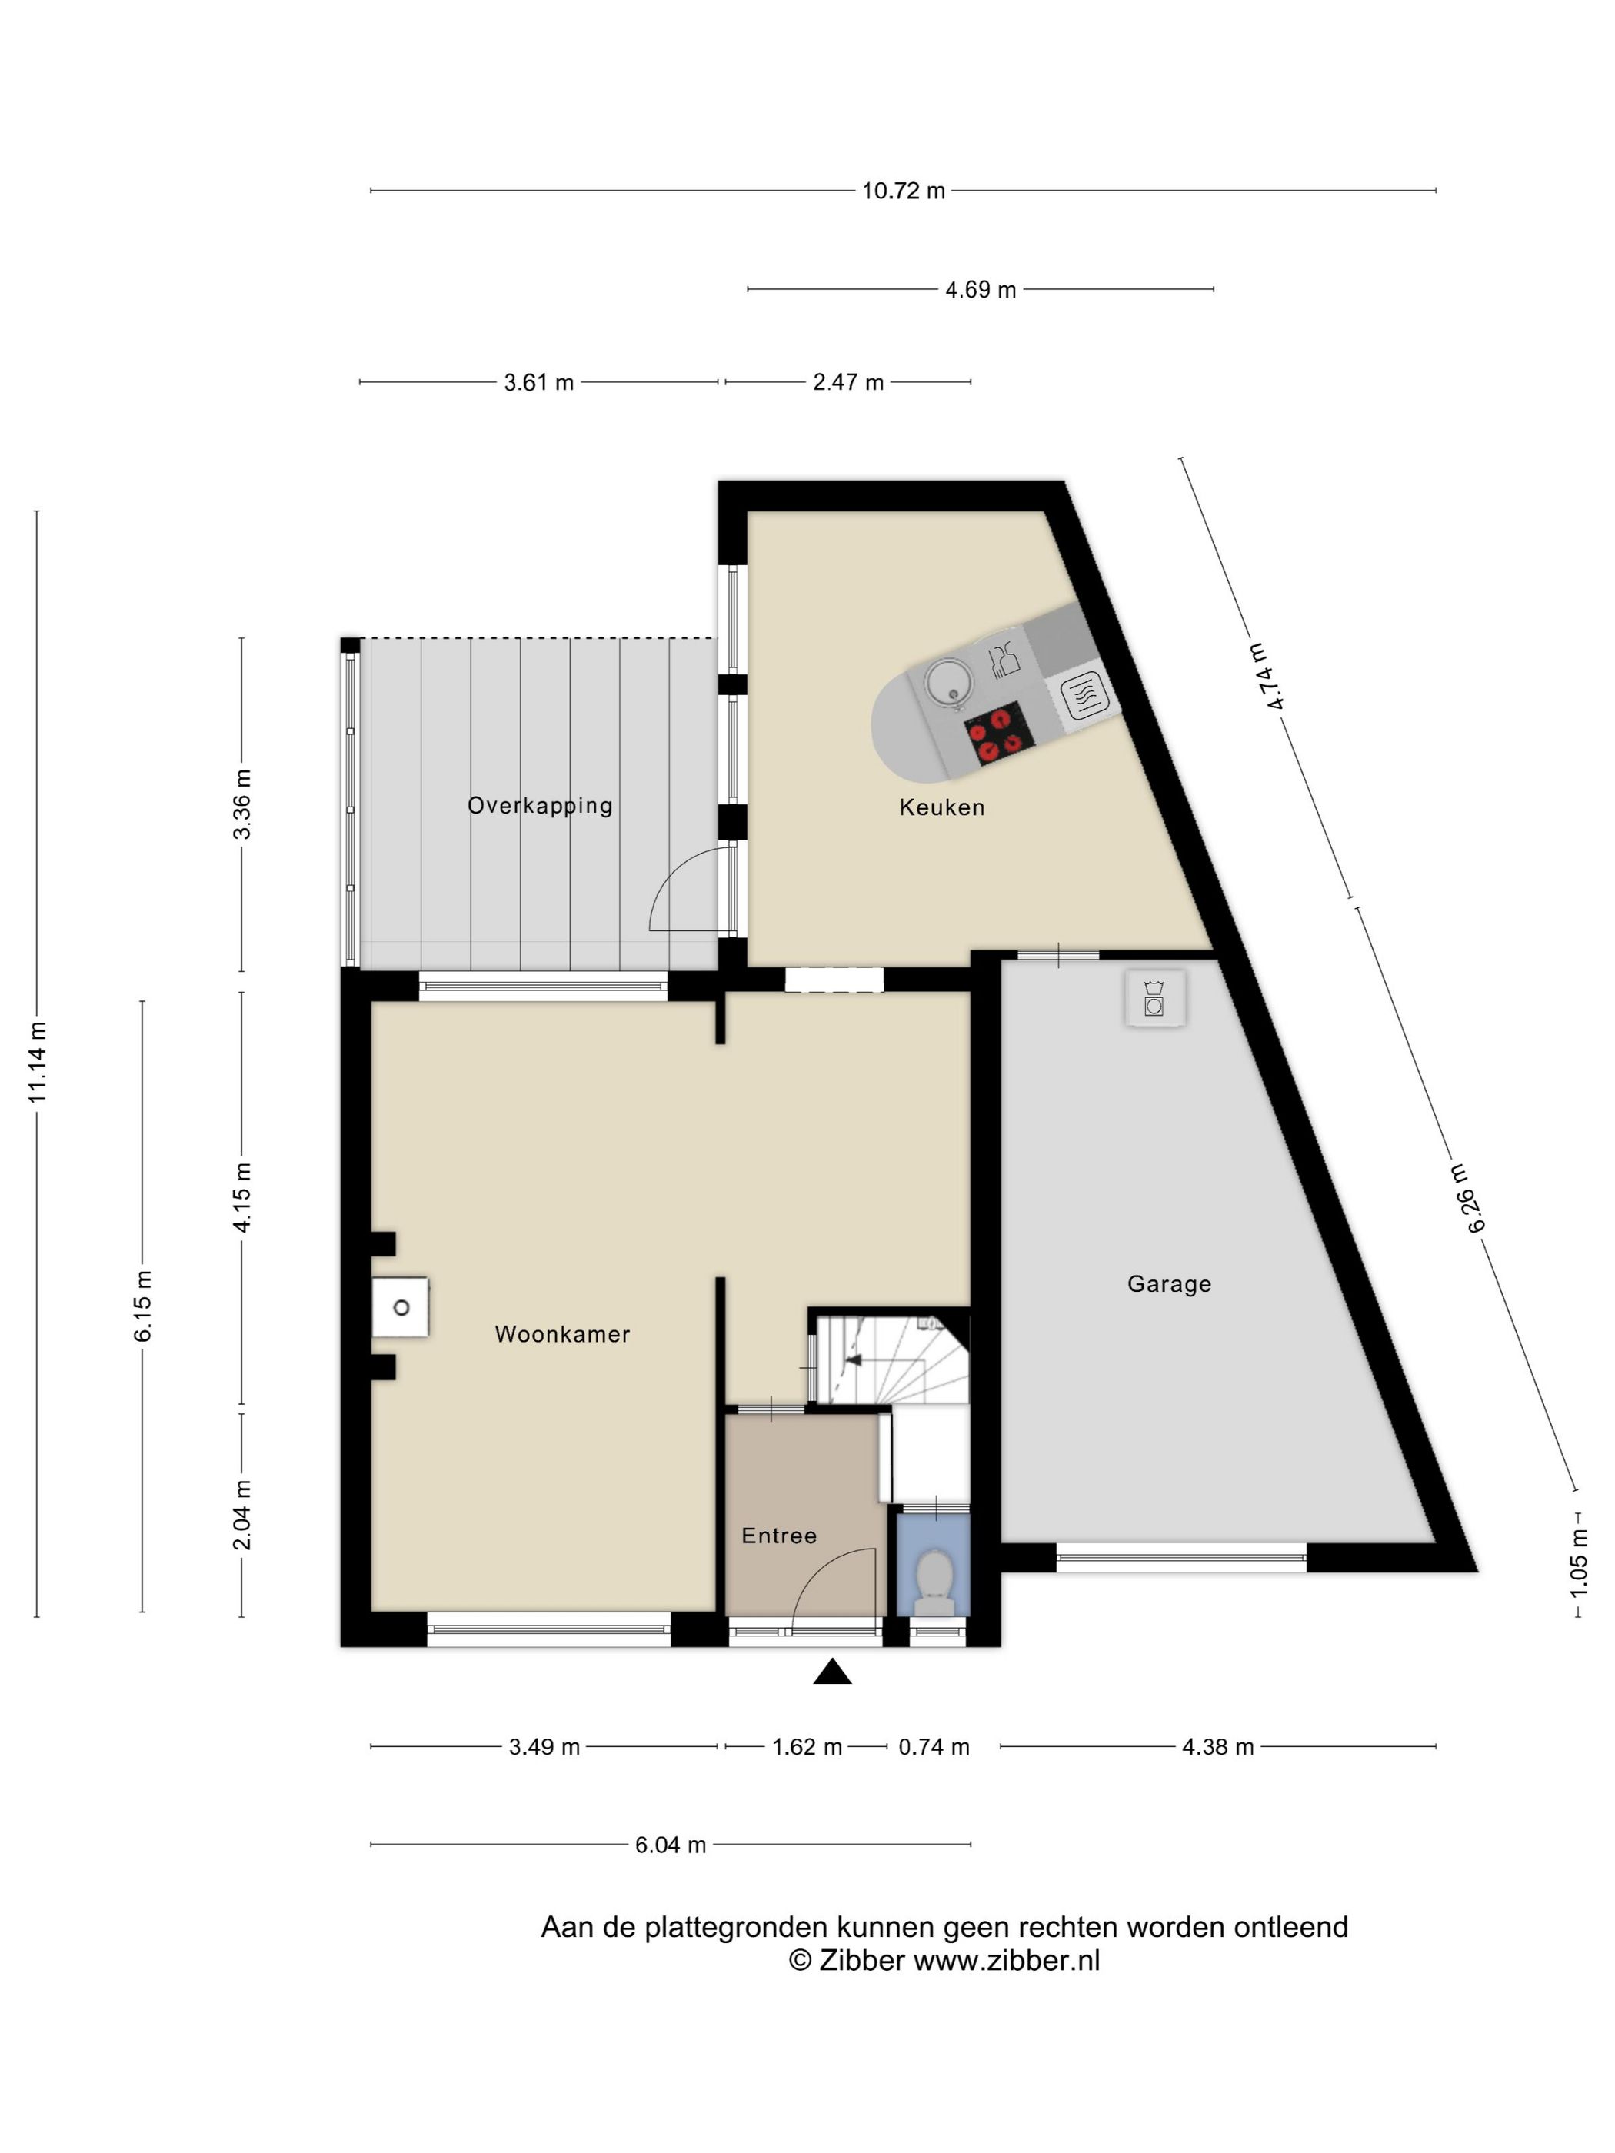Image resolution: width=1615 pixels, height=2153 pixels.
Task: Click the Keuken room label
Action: click(941, 807)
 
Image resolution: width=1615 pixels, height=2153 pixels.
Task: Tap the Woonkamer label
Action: click(563, 1333)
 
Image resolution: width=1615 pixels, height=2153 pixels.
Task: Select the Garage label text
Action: click(1169, 1284)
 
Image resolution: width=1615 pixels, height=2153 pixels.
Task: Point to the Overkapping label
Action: click(541, 806)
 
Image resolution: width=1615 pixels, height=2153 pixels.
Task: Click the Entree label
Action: click(779, 1535)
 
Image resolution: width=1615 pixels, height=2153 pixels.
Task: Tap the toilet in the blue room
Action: click(935, 1583)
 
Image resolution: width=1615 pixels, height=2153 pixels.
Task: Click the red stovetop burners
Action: click(997, 733)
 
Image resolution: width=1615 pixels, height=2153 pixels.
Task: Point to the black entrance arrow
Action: click(832, 1672)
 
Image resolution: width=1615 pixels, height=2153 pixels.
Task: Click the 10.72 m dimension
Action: click(904, 191)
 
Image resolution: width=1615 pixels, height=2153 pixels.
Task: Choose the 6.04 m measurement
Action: click(671, 1845)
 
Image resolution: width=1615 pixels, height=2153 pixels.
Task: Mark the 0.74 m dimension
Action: click(934, 1747)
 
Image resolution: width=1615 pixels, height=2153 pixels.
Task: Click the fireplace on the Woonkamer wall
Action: click(400, 1307)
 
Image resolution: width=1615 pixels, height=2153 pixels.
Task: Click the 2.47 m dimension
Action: click(848, 382)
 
